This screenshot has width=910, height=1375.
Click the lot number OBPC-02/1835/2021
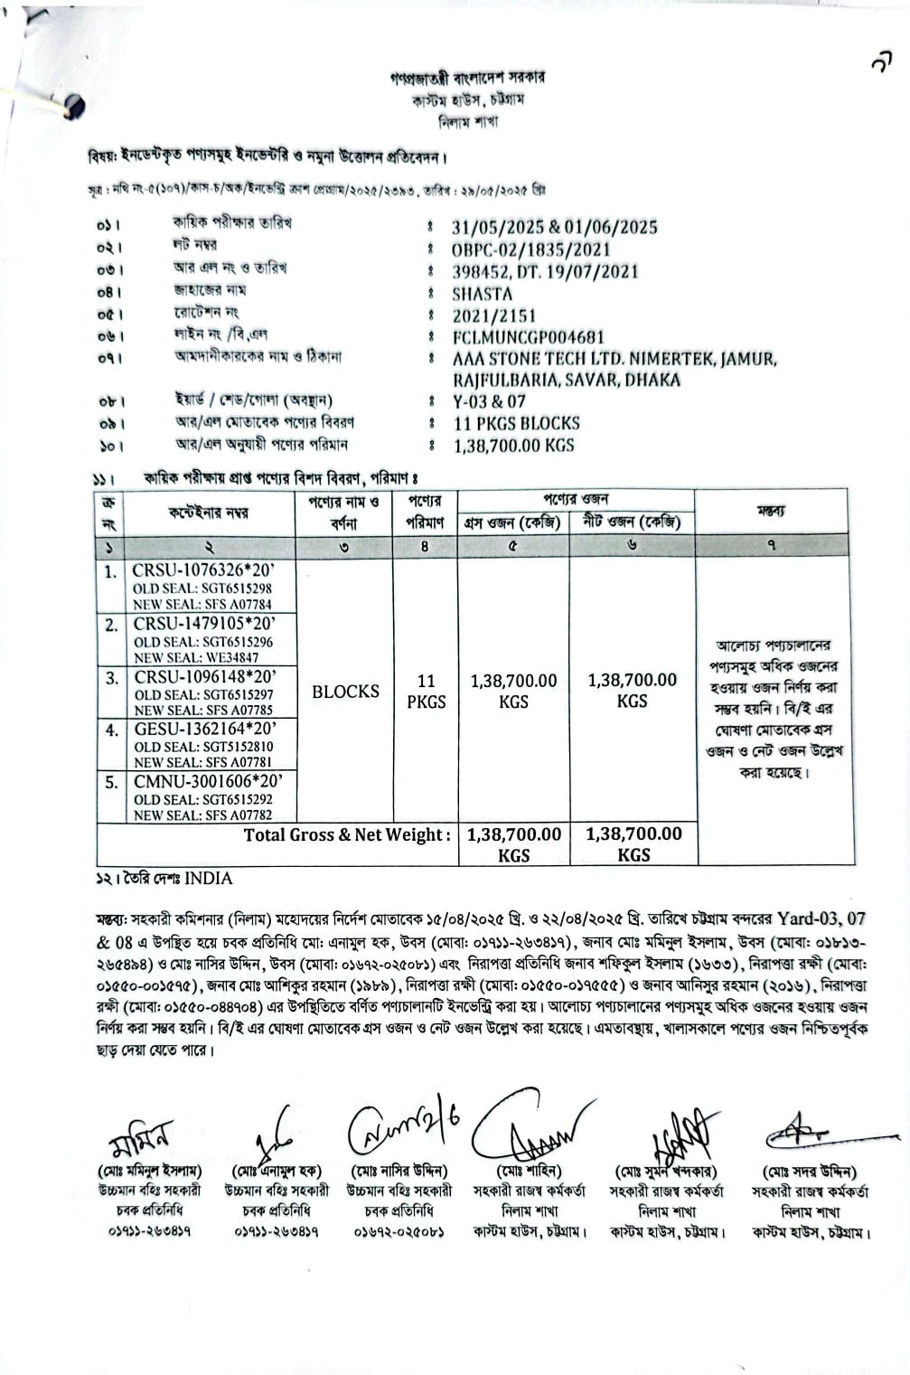pos(531,250)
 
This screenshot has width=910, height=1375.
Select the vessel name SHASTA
pos(483,294)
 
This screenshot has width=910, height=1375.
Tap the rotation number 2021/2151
pos(494,315)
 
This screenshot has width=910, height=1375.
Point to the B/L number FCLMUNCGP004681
pos(529,337)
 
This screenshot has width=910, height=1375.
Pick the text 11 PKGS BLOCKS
pos(517,423)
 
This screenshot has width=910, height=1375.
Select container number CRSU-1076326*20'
pos(202,571)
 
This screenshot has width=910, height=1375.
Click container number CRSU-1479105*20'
pos(203,624)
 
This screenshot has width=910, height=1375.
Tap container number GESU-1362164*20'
pos(203,729)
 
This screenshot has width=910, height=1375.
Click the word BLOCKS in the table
pos(345,692)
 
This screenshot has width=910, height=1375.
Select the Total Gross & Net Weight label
pos(347,835)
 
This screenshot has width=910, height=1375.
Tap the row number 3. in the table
pos(111,678)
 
